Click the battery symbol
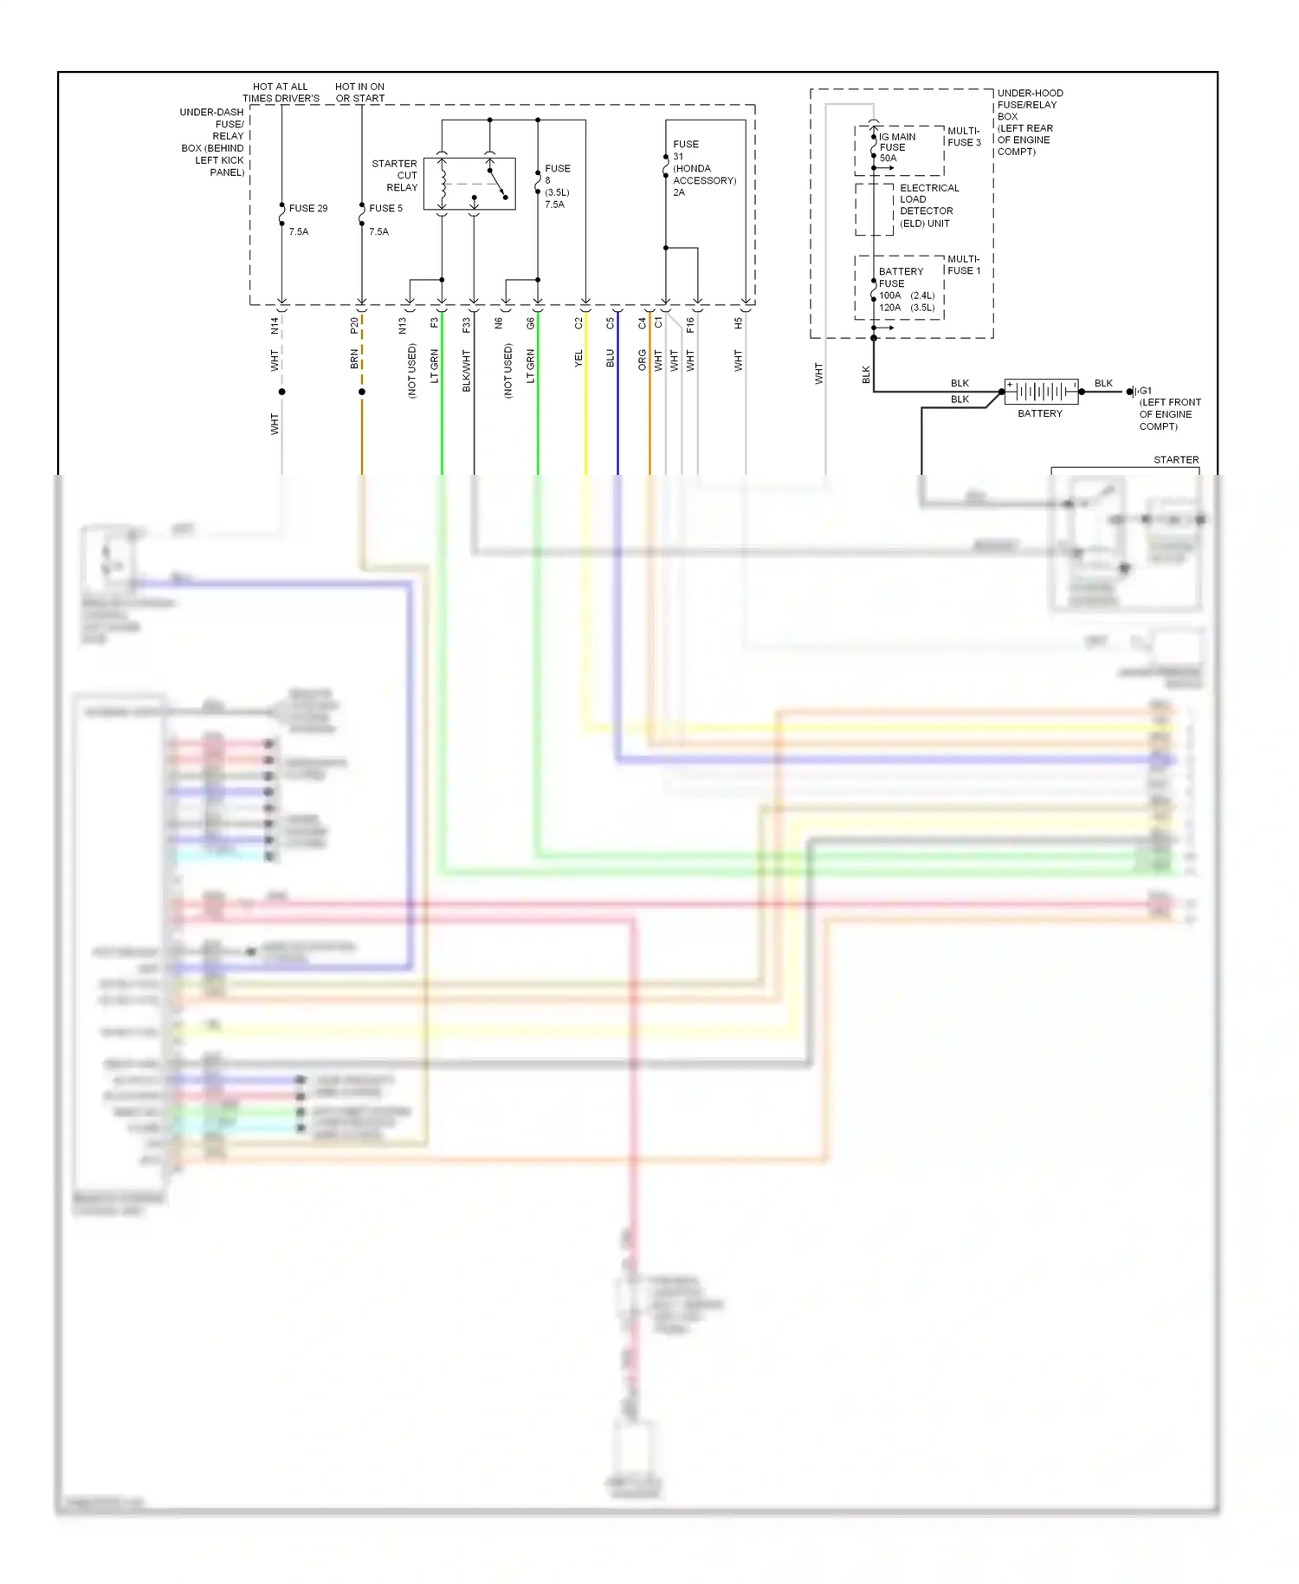(1041, 392)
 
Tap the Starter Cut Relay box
(469, 184)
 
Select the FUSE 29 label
(308, 209)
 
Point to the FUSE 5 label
(385, 209)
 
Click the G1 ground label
(1145, 391)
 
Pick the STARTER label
(1175, 460)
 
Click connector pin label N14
(275, 326)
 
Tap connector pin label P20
(354, 326)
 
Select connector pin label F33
(466, 326)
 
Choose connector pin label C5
(610, 324)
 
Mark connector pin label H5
(738, 324)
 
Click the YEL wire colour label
(578, 359)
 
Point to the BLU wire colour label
(610, 359)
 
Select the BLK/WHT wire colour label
(466, 371)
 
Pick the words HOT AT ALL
(280, 87)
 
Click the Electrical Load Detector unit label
(928, 205)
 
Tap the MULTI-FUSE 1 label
(963, 265)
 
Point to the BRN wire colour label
(354, 359)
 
